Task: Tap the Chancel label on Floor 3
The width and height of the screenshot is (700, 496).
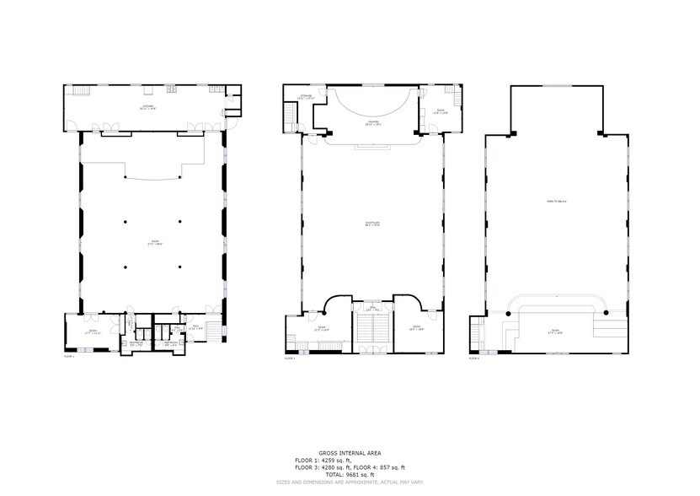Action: pyautogui.click(x=371, y=123)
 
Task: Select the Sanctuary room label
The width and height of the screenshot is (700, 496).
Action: pyautogui.click(x=373, y=224)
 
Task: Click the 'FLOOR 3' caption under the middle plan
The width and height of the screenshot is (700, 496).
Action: pyautogui.click(x=290, y=358)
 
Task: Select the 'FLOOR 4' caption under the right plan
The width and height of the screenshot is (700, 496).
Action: pyautogui.click(x=474, y=358)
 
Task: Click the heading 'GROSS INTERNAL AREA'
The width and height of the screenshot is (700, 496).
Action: pyautogui.click(x=349, y=453)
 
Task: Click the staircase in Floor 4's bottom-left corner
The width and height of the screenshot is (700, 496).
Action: pyautogui.click(x=478, y=332)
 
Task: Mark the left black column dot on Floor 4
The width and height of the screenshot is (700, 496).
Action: pyautogui.click(x=509, y=314)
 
